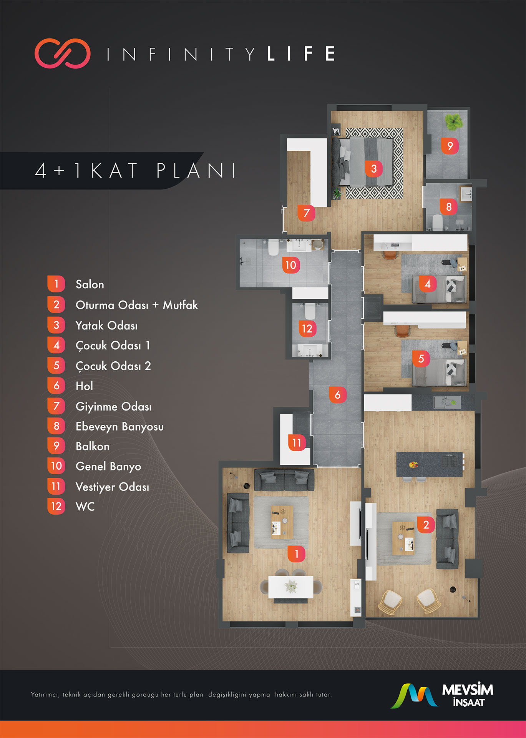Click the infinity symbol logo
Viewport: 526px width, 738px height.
tap(63, 53)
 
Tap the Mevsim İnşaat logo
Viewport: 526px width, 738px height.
tap(442, 695)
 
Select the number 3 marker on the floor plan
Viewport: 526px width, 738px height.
tap(374, 168)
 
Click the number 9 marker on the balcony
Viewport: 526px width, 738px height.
tap(450, 146)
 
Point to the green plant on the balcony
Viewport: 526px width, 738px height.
tap(454, 121)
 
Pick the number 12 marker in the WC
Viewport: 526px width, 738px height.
tap(307, 329)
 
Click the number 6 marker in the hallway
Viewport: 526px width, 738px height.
tap(338, 394)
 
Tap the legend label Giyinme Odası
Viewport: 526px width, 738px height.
tap(114, 407)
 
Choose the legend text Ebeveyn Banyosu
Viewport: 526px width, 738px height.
tap(119, 427)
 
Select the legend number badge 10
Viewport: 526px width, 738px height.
tap(56, 466)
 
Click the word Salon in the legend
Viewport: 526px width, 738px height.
tap(90, 284)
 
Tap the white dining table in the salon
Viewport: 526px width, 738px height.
tap(290, 587)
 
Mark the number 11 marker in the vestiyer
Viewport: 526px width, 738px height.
tap(297, 443)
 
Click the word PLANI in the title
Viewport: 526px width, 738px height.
tap(196, 171)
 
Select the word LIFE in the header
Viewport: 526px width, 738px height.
tap(301, 54)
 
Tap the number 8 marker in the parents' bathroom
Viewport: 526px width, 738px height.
tap(449, 207)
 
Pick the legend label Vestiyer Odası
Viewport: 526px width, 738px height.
tap(112, 487)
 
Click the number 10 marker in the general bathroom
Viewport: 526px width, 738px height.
tap(291, 265)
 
